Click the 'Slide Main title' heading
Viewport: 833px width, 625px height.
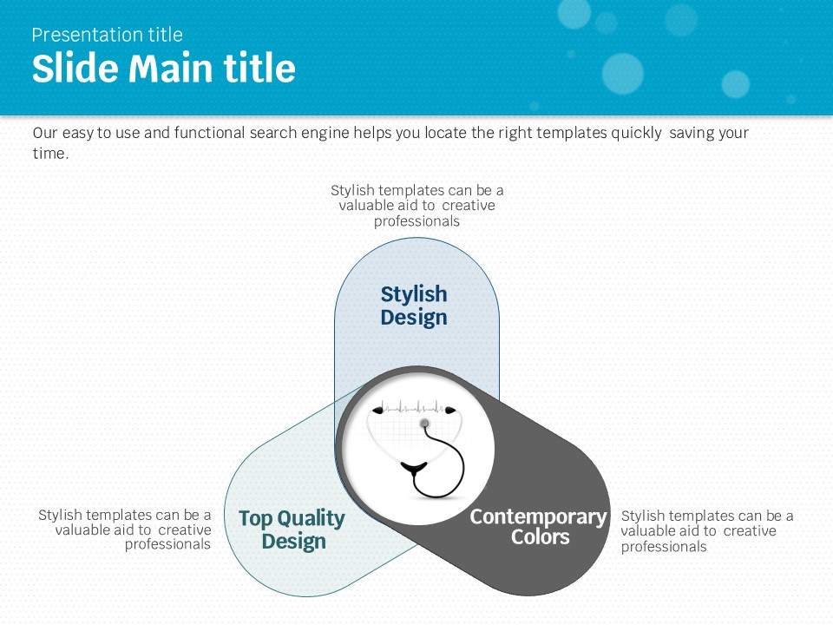click(164, 68)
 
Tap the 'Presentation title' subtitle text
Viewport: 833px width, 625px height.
click(107, 35)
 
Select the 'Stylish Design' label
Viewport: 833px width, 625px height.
click(414, 306)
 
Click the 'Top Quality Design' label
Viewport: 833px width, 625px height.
click(292, 530)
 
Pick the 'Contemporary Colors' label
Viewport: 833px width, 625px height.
click(539, 526)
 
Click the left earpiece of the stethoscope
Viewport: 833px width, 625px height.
click(377, 410)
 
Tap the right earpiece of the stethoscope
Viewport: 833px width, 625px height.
click(450, 411)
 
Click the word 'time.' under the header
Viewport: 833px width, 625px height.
click(50, 154)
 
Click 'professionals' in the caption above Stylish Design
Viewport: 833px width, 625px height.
click(416, 221)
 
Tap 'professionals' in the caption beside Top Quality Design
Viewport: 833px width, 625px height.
click(167, 545)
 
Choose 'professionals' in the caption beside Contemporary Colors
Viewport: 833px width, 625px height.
click(664, 547)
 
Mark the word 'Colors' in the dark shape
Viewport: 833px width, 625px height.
click(541, 536)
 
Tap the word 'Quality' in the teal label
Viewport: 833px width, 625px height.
click(312, 519)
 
